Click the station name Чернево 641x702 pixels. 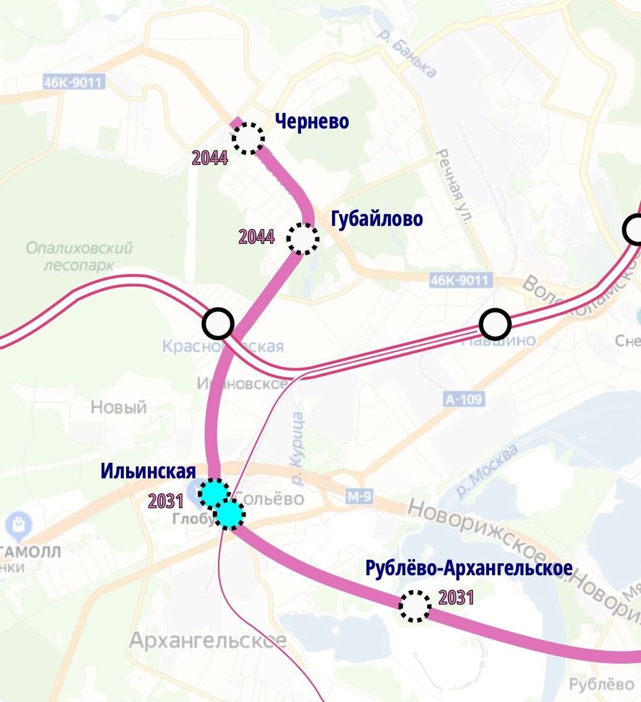(x=311, y=122)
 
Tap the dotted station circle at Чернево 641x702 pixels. (x=248, y=138)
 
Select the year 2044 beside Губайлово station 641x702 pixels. (x=257, y=237)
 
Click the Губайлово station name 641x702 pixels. (x=376, y=219)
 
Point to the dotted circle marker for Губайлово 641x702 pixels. (x=303, y=238)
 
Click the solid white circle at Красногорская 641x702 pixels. (x=218, y=323)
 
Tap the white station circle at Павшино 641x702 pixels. (x=494, y=324)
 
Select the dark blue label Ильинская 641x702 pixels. (x=148, y=471)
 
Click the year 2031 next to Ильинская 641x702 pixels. (x=166, y=501)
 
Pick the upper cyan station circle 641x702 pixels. (x=214, y=493)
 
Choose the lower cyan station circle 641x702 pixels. (x=229, y=514)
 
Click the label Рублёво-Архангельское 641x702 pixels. (x=469, y=568)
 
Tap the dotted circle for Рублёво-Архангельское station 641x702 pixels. (x=415, y=606)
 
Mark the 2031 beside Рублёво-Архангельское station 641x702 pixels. (x=456, y=597)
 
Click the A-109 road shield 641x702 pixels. (x=464, y=400)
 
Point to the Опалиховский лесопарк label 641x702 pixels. (x=79, y=256)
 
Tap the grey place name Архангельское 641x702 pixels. (x=207, y=641)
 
